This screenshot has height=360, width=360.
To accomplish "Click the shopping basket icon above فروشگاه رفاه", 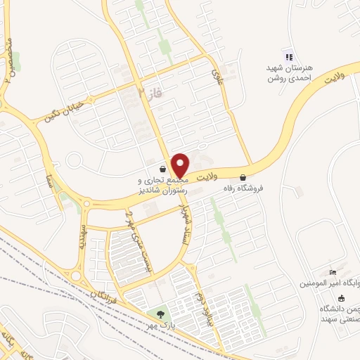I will [243, 177].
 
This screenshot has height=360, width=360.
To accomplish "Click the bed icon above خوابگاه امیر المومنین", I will [333, 273].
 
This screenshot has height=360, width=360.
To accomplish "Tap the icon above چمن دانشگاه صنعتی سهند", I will [342, 297].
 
